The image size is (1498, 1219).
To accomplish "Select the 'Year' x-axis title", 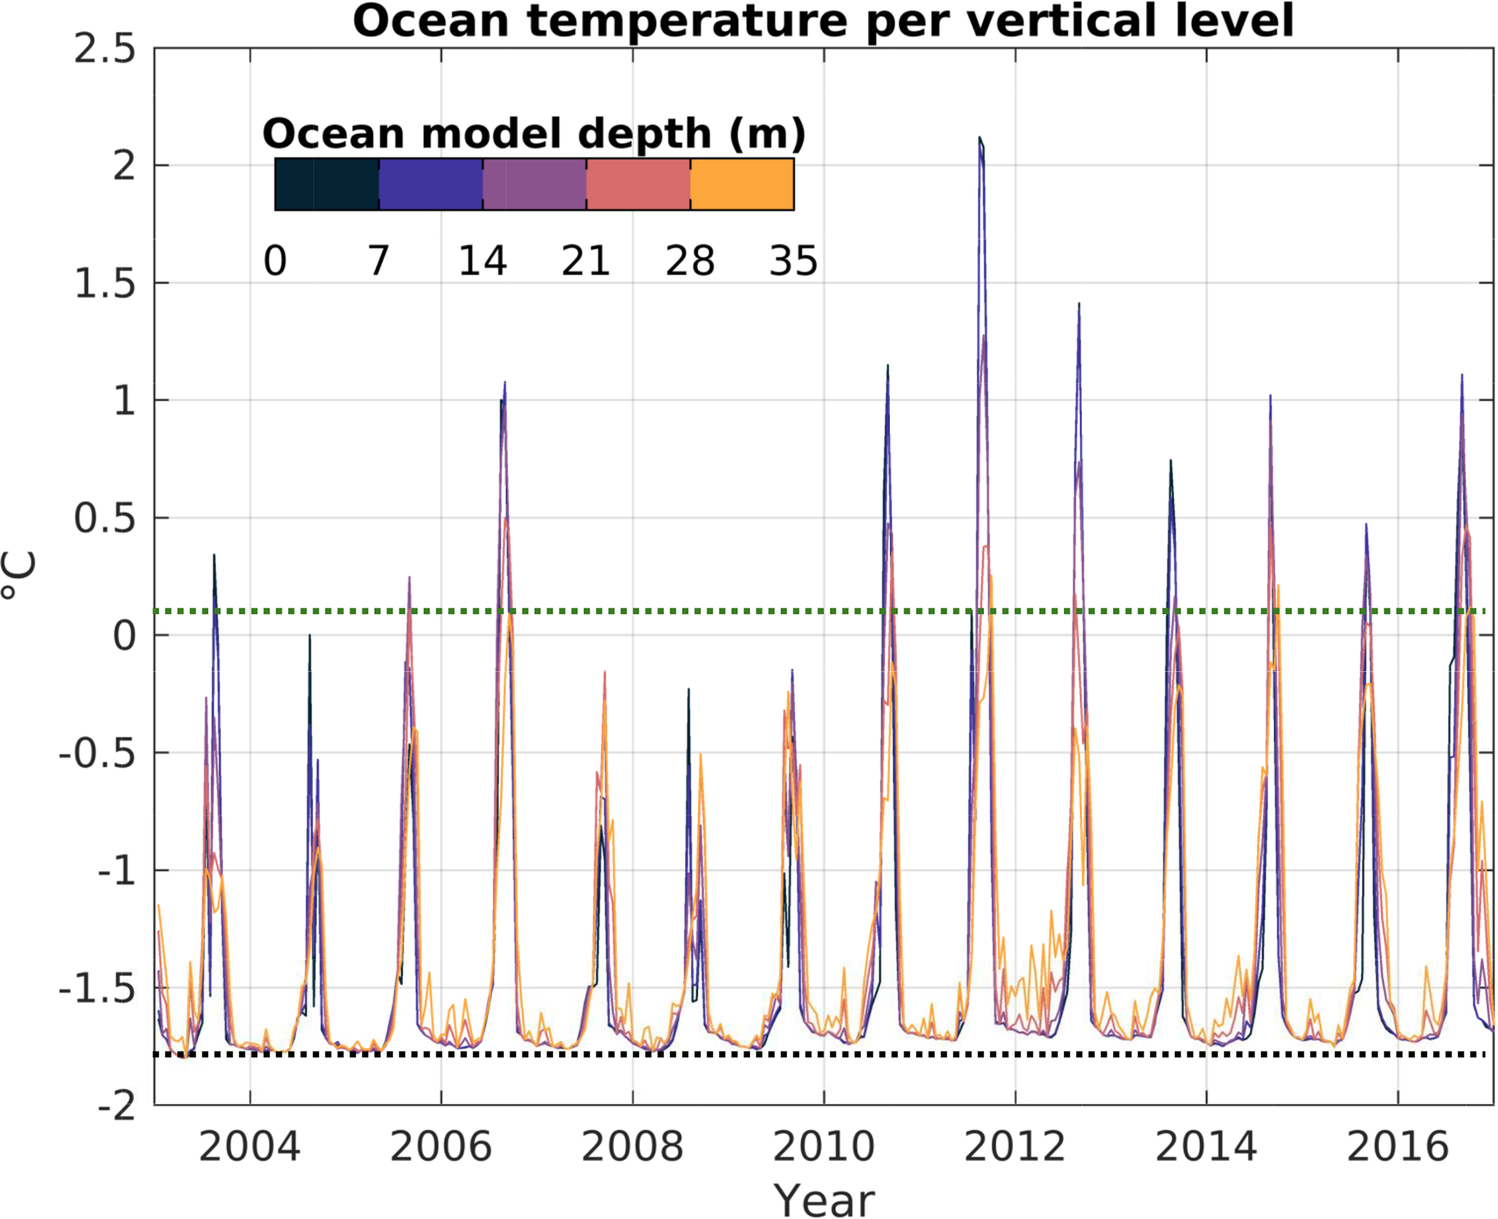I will coord(824,1199).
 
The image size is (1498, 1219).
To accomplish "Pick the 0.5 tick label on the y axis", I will coord(105,519).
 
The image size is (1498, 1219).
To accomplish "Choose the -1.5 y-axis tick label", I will coord(97,989).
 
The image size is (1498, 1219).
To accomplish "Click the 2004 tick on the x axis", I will coord(249,1148).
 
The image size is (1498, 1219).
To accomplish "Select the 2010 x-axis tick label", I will coord(824,1148).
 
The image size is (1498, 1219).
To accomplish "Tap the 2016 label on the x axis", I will coord(1397,1148).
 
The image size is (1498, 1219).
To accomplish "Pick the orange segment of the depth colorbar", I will coord(742,185).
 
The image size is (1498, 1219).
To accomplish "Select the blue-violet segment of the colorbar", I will coord(430,185).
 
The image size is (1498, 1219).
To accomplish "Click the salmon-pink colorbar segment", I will coord(638,185).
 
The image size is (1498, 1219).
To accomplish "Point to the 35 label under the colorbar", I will coord(794,261).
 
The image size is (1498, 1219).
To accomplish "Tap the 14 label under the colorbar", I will coord(483,261).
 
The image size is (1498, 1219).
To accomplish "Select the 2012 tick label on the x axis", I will coord(1015,1148).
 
